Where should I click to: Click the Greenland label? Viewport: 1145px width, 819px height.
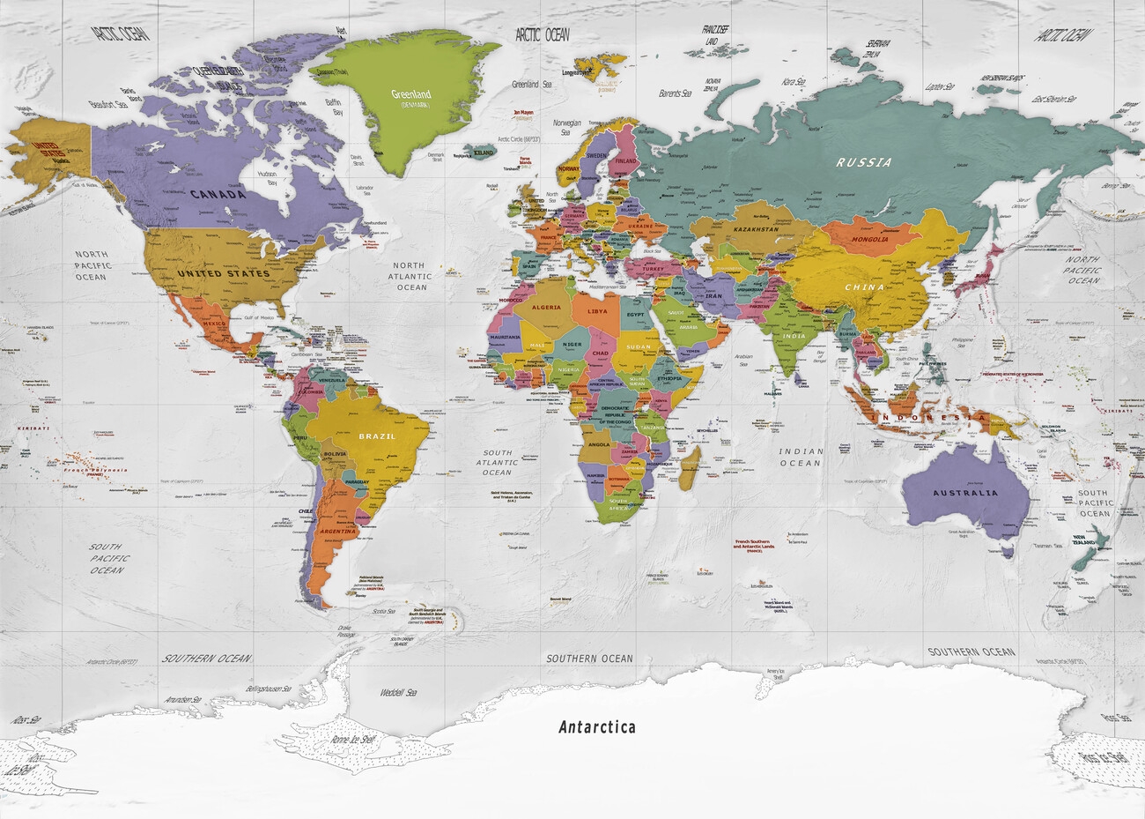pos(410,93)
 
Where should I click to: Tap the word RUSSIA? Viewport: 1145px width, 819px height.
pos(864,162)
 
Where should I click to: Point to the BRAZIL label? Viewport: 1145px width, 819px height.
pos(377,436)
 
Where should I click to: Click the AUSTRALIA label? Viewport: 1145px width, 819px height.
pos(966,492)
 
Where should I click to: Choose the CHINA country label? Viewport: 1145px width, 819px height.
pos(864,287)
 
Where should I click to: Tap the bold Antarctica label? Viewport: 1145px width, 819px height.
pos(596,727)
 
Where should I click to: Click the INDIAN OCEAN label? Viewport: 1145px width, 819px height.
pos(800,457)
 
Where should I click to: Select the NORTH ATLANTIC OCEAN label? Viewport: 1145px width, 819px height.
pos(409,276)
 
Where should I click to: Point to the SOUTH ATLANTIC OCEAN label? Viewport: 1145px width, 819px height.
pos(497,462)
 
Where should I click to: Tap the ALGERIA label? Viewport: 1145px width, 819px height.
pos(546,308)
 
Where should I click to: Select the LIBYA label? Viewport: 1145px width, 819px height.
pos(597,311)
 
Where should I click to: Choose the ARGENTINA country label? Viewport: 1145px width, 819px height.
pos(338,532)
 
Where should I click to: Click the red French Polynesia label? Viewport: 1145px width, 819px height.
pos(94,471)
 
